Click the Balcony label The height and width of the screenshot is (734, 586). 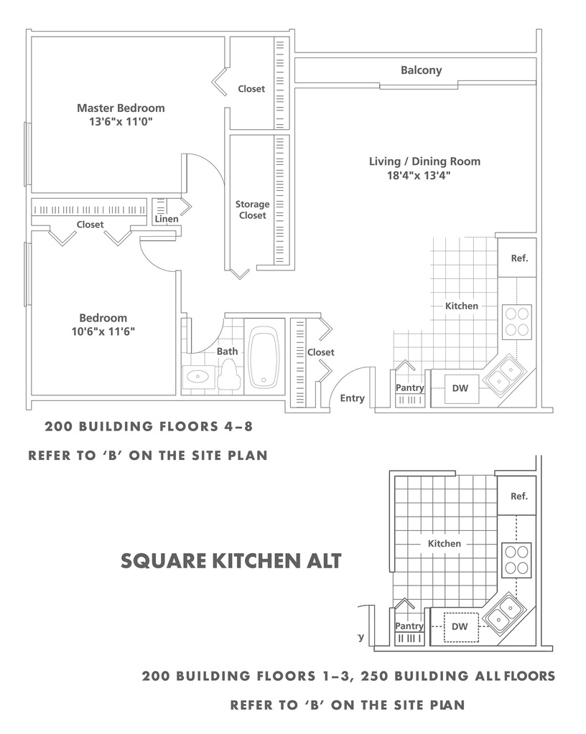click(x=421, y=70)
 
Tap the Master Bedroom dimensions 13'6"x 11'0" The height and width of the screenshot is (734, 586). click(x=121, y=122)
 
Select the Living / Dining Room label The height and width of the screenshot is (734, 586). click(x=424, y=161)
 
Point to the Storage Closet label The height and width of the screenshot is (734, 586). click(x=252, y=210)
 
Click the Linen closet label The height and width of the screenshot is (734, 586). click(x=167, y=219)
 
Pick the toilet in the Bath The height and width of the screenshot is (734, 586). click(x=229, y=374)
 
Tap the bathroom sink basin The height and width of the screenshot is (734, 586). click(x=198, y=377)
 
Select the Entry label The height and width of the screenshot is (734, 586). click(x=353, y=398)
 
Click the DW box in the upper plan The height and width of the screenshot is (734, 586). click(x=462, y=388)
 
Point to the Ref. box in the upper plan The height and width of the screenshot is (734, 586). click(x=517, y=258)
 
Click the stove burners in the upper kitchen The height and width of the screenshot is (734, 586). click(x=517, y=322)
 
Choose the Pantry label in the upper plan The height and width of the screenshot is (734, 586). click(x=409, y=387)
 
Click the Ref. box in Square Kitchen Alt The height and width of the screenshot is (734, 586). click(x=516, y=496)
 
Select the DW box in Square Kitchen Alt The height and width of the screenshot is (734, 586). click(x=461, y=627)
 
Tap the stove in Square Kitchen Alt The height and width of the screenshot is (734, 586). click(x=516, y=560)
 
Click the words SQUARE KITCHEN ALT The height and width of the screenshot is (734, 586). click(x=231, y=561)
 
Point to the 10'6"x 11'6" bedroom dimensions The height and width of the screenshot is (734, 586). click(x=103, y=332)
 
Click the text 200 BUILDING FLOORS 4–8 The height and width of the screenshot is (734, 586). click(x=149, y=426)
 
